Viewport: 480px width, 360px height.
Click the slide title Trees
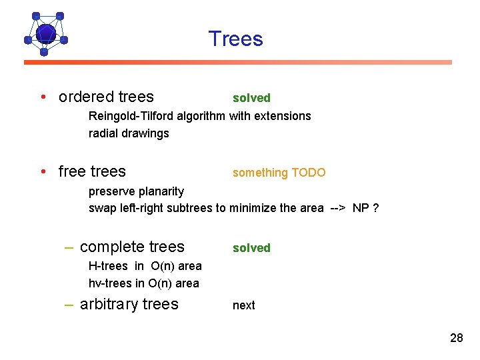pyautogui.click(x=235, y=39)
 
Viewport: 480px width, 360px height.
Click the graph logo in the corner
pyautogui.click(x=45, y=33)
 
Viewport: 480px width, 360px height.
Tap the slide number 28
pyautogui.click(x=456, y=338)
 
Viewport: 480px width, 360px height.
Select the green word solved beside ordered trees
pyautogui.click(x=251, y=98)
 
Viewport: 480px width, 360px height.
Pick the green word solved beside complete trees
pyautogui.click(x=251, y=248)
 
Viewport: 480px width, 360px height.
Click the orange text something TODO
pyautogui.click(x=279, y=173)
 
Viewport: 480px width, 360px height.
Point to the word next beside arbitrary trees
pyautogui.click(x=243, y=305)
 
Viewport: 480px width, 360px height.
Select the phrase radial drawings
pyautogui.click(x=129, y=133)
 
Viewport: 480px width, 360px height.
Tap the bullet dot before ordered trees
pyautogui.click(x=43, y=97)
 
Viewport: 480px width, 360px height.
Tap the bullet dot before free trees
pyautogui.click(x=43, y=172)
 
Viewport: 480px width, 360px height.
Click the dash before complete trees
pyautogui.click(x=69, y=248)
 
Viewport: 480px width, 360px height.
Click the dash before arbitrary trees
pyautogui.click(x=69, y=305)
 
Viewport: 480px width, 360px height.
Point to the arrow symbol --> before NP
pyautogui.click(x=337, y=208)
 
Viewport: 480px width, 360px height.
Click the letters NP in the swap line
pyautogui.click(x=361, y=208)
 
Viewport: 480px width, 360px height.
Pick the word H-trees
pyautogui.click(x=107, y=266)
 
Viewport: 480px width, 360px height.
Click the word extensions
pyautogui.click(x=284, y=116)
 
